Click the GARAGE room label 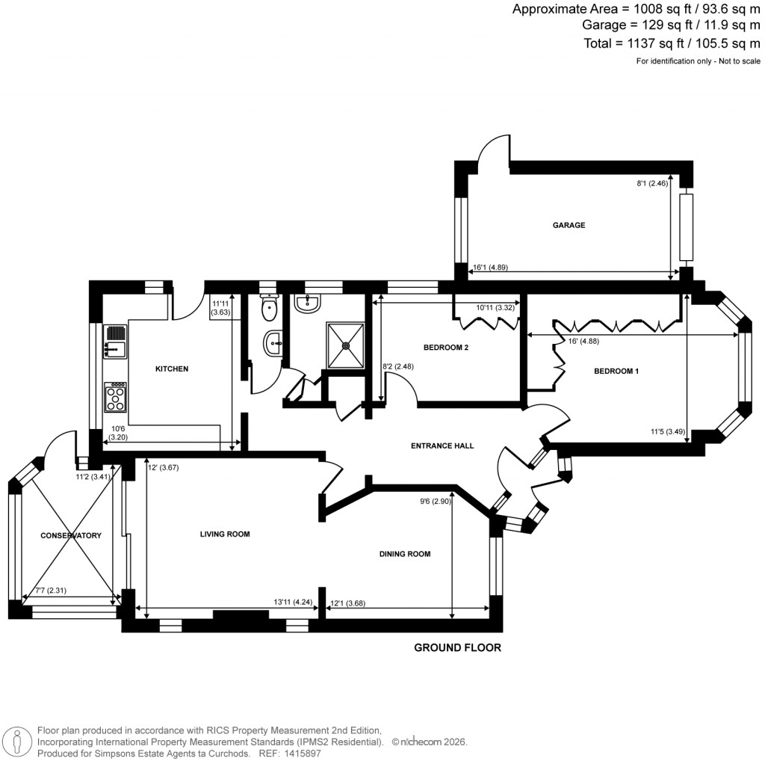[569, 225]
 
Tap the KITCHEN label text [172, 369]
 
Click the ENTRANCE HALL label [442, 446]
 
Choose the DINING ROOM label [405, 554]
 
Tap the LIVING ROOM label [224, 534]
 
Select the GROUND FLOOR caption [457, 648]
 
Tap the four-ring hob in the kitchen [116, 397]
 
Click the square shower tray [345, 345]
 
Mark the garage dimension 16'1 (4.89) [490, 267]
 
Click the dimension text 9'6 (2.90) [435, 502]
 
